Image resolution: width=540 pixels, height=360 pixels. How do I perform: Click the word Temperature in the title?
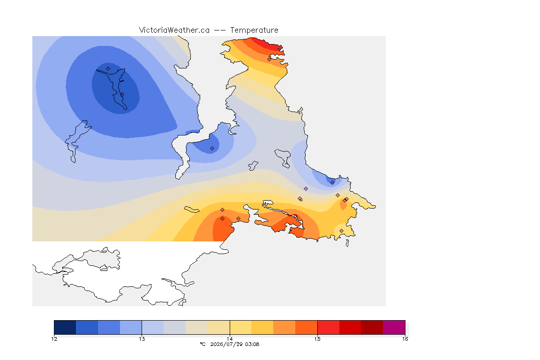point(254,30)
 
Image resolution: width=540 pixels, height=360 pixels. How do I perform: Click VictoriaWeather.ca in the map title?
point(174,30)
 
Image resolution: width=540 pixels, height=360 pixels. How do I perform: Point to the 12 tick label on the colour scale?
point(54,339)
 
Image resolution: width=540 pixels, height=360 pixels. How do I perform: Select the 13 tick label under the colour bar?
point(142,339)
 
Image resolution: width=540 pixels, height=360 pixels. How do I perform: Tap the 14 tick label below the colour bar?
point(230,339)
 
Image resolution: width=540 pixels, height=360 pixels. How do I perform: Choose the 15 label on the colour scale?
point(317,339)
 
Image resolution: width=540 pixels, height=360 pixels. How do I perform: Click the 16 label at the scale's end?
point(405,339)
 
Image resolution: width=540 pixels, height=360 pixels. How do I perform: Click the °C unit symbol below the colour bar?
point(202,344)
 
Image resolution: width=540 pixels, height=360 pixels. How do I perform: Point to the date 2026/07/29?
point(226,344)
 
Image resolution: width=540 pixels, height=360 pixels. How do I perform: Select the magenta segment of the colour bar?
point(394,327)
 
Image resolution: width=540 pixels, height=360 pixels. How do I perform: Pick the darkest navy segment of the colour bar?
point(65,327)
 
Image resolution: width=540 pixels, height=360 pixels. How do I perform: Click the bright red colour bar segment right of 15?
point(328,327)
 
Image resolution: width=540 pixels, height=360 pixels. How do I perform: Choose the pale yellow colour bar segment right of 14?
point(240,327)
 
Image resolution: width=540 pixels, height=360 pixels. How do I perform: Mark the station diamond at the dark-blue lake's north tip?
point(108,69)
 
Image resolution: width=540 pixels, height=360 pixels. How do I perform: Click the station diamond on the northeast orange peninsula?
point(270,59)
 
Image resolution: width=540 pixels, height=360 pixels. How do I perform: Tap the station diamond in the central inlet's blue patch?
point(212,149)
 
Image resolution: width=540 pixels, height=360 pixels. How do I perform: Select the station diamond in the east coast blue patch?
point(332,183)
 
